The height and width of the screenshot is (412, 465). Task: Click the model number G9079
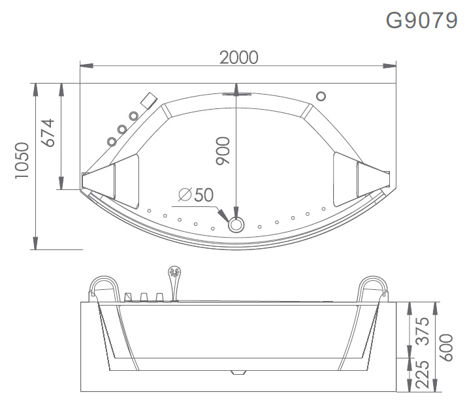point(421,20)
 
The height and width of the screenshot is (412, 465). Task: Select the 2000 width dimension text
point(238,57)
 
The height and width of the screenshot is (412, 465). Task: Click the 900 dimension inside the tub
point(223,153)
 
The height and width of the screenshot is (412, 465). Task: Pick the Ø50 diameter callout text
point(195,195)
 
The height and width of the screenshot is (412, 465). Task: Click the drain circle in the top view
point(236,224)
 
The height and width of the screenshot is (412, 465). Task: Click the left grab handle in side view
point(104,287)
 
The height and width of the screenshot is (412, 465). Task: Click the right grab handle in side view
point(372,287)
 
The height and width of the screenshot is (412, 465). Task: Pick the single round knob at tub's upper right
point(321,96)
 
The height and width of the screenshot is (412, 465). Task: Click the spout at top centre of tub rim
point(236,93)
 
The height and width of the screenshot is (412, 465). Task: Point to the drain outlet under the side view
point(236,374)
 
